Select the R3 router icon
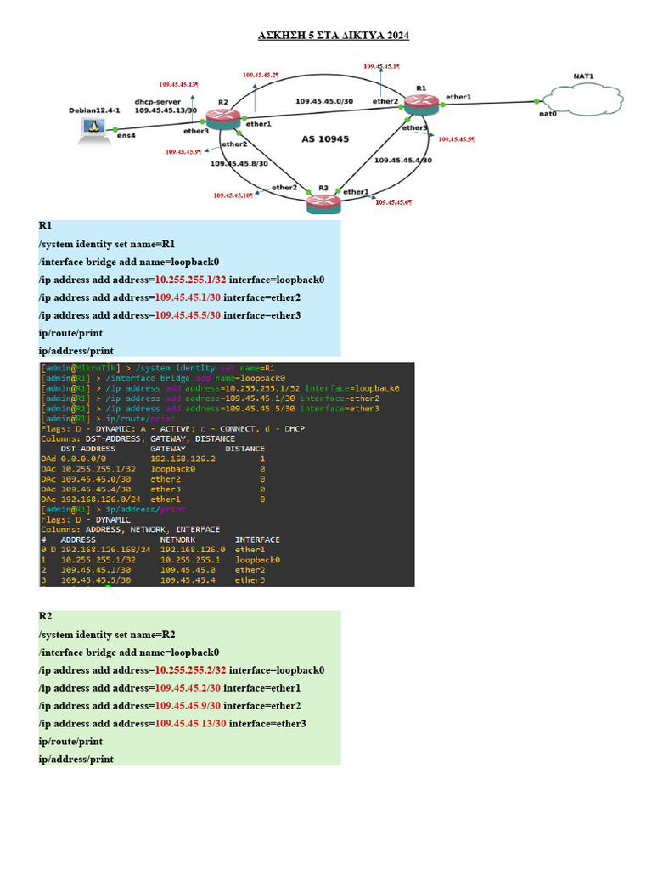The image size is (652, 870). (323, 202)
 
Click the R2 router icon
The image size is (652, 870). (223, 118)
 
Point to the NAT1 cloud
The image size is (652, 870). (582, 96)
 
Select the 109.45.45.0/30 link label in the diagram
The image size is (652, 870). (323, 101)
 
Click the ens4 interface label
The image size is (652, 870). (126, 135)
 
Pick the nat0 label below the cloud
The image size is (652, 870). (548, 113)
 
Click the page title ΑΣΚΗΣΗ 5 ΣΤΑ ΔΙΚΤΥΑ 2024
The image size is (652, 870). (334, 36)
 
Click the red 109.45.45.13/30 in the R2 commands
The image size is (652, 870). (190, 723)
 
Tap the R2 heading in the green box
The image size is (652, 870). (46, 616)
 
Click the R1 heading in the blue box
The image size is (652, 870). (46, 226)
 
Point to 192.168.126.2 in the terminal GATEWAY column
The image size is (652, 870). (183, 459)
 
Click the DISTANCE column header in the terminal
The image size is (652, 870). (244, 449)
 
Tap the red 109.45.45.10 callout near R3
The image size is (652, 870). (233, 195)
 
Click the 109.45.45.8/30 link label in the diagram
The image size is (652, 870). (239, 163)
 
